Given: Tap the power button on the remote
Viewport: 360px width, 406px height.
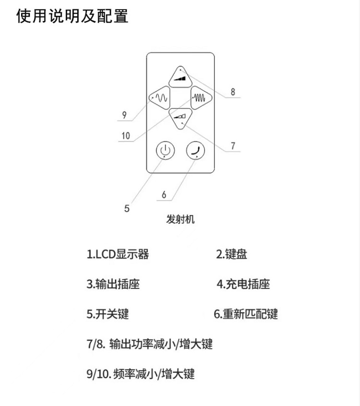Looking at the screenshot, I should (x=165, y=151).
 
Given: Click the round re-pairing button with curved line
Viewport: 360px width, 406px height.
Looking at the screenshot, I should (x=195, y=151).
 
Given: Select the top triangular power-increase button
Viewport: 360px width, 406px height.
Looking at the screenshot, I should (x=180, y=77).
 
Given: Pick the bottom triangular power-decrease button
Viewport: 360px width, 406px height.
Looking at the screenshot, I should (x=180, y=117).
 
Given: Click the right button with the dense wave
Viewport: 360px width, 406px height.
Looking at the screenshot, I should (x=200, y=97).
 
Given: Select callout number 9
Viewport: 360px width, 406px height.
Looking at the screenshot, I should (x=124, y=115).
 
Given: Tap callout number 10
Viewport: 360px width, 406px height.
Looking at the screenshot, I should (x=125, y=135).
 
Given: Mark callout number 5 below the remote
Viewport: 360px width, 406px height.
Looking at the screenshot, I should (x=127, y=208).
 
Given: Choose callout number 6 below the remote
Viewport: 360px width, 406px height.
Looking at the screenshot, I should (x=164, y=194).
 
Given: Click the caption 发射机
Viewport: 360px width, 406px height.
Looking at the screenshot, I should (x=180, y=220).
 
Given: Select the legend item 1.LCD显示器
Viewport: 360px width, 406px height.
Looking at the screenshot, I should (x=118, y=254).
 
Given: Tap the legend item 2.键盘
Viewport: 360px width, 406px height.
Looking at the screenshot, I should (x=232, y=254).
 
